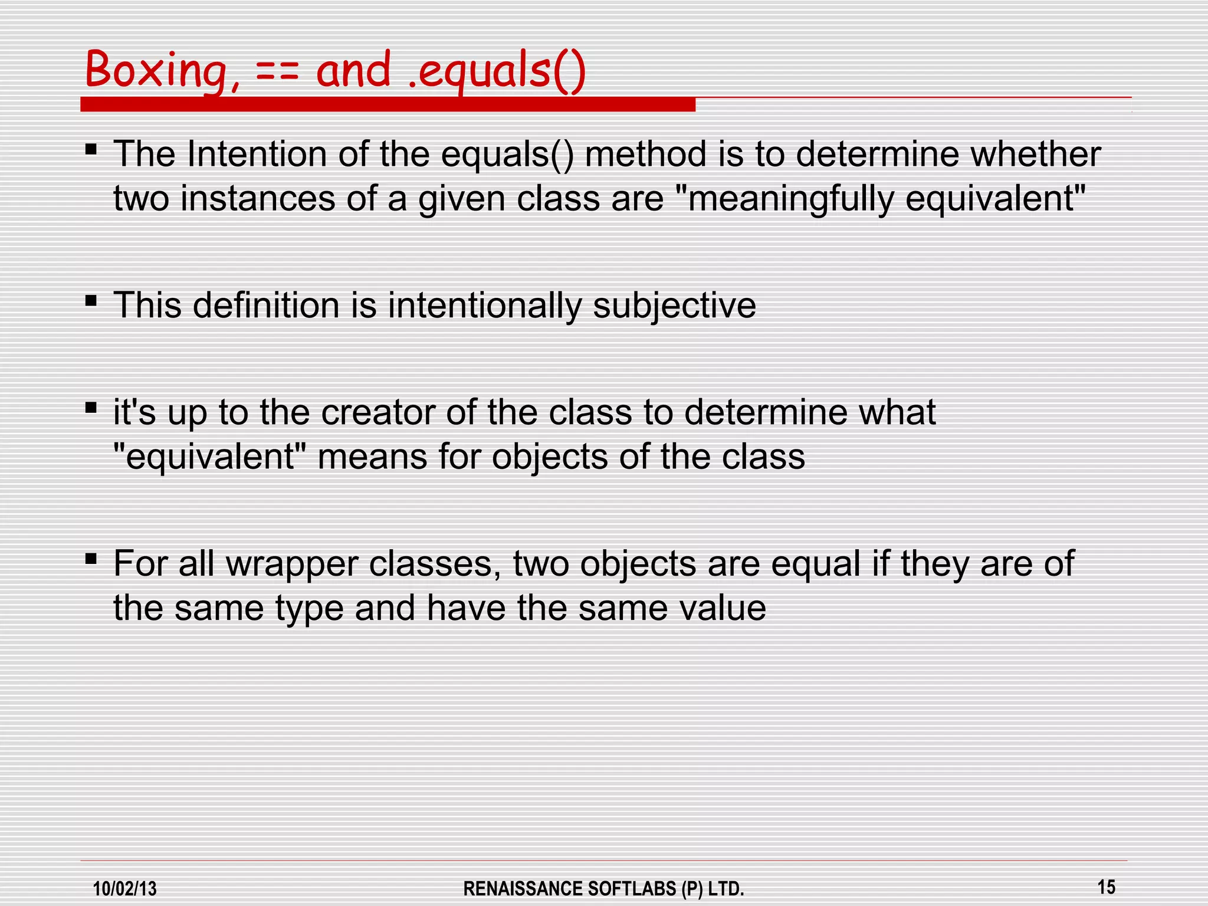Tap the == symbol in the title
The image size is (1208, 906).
[x=277, y=72]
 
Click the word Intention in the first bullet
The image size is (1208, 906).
[x=257, y=155]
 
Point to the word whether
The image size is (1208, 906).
[x=1036, y=155]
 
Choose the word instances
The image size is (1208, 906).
[x=257, y=199]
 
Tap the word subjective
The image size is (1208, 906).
[x=674, y=306]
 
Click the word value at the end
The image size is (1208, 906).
[x=722, y=609]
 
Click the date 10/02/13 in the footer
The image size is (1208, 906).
[x=125, y=888]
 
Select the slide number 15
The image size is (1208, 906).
[x=1107, y=887]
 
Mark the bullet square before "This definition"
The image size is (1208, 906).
[x=91, y=301]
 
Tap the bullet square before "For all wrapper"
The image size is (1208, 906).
[x=91, y=559]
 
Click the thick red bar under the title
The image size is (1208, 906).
[x=388, y=105]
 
